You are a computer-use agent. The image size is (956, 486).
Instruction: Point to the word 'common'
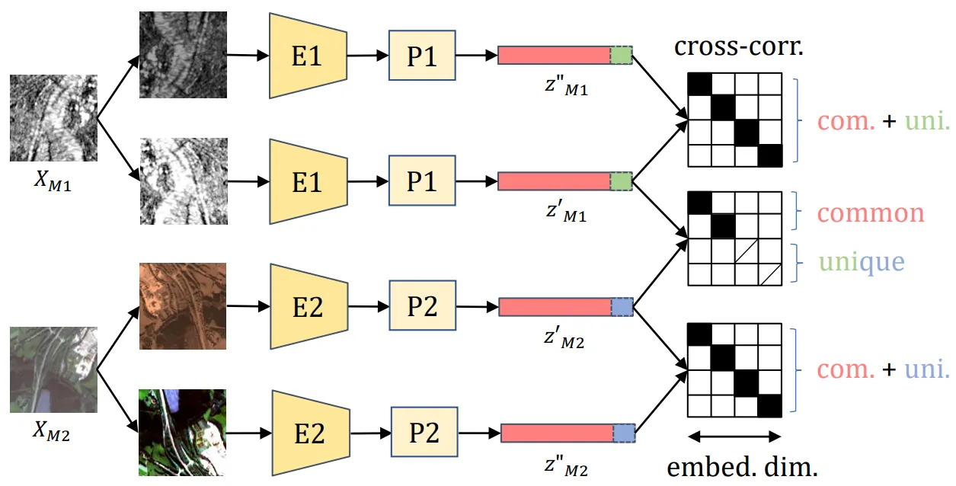871,213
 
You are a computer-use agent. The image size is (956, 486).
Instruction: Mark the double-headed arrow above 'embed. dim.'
734,437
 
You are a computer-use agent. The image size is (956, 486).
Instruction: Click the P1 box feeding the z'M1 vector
422,182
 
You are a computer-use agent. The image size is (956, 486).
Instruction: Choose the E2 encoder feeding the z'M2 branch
308,307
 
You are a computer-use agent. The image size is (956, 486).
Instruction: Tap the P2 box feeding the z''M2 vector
424,433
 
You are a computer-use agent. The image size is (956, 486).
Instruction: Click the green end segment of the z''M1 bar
622,55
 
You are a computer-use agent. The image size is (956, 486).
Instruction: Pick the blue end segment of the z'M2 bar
622,307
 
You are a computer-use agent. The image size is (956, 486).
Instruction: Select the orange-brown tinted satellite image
184,306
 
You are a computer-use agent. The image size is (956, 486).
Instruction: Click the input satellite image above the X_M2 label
53,369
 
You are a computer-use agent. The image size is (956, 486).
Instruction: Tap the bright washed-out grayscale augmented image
184,181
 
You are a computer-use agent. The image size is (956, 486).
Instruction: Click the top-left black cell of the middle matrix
699,203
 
